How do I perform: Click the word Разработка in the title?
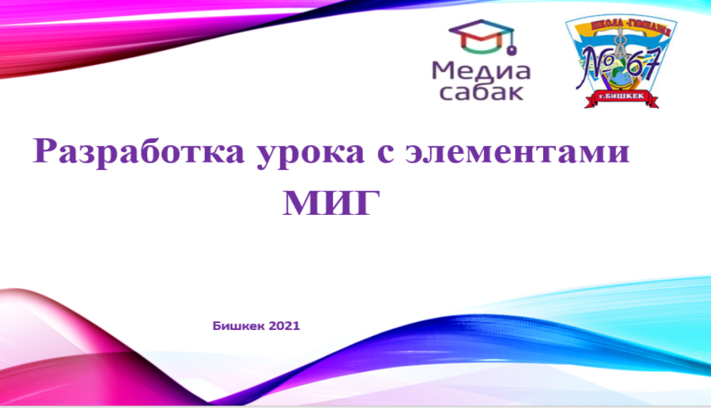click(139, 152)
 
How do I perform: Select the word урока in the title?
click(311, 153)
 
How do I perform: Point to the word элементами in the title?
click(517, 152)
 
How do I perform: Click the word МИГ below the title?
click(332, 203)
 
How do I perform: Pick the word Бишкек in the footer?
click(238, 326)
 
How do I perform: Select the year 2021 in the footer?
click(284, 326)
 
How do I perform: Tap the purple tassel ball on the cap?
click(512, 50)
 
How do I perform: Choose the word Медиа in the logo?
click(481, 72)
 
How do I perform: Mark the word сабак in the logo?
click(482, 92)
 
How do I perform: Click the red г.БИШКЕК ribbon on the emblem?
click(622, 98)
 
